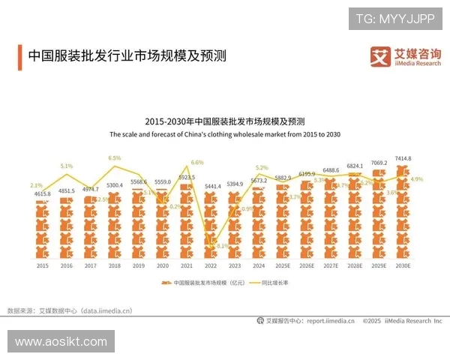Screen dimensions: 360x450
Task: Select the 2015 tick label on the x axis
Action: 43,265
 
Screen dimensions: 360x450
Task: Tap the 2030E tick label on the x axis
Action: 403,265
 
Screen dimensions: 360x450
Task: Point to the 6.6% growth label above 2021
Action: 197,162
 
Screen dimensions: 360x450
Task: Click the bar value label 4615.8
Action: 43,193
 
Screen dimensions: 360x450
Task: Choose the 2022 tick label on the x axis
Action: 211,265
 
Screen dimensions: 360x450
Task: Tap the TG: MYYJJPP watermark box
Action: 394,19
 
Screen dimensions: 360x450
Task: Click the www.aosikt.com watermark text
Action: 61,341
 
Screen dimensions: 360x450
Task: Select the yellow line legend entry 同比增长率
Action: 269,283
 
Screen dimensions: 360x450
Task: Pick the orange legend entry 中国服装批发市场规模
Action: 199,283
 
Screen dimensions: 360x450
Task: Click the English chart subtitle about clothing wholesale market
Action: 225,134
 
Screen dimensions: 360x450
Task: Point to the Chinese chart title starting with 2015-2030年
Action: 225,121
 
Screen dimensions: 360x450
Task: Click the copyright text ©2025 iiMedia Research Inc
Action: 402,320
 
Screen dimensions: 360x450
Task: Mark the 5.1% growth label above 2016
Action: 67,166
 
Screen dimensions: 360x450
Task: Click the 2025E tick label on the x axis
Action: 283,265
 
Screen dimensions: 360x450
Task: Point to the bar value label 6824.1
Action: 355,166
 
